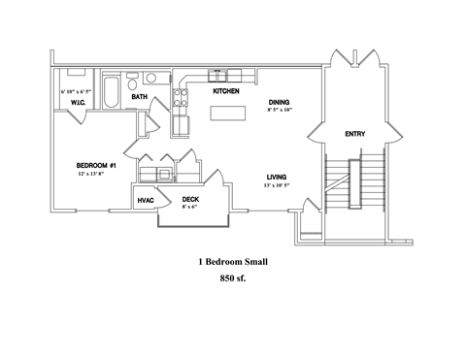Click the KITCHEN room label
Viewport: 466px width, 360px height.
[226, 90]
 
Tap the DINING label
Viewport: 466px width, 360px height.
[281, 101]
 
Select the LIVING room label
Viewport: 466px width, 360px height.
[279, 176]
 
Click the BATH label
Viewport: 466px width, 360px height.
[140, 97]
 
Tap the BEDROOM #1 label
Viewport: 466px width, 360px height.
[96, 165]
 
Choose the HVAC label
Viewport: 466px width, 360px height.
[146, 200]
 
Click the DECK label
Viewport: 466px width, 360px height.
[191, 199]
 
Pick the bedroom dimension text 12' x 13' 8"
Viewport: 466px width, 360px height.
[96, 175]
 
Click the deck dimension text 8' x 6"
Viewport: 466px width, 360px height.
[191, 208]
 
